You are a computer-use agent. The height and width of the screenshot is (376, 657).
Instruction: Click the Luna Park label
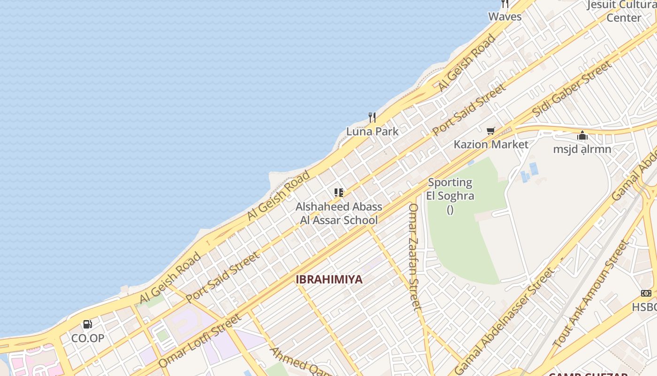coord(372,132)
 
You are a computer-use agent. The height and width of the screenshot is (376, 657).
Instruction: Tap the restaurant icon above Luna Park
coord(372,117)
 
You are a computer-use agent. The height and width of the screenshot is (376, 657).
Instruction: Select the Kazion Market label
coord(491,144)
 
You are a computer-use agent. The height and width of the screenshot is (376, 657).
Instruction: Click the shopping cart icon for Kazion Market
coord(491,131)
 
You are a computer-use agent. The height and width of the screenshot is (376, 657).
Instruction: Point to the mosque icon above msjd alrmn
coord(582,136)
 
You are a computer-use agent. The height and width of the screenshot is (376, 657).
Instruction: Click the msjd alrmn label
coord(582,149)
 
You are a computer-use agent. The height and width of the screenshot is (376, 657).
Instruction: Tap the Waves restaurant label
coord(505,16)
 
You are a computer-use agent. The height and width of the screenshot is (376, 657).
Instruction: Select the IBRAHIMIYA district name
coord(329,280)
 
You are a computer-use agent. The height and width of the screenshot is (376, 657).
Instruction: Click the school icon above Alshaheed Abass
coord(339,192)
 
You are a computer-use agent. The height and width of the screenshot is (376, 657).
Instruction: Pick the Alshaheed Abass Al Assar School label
coord(339,213)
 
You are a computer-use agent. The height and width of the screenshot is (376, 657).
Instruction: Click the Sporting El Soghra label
coord(450,189)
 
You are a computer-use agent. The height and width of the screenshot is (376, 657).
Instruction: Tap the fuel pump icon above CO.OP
coord(88,324)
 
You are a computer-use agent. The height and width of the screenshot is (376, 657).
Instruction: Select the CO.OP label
coord(88,338)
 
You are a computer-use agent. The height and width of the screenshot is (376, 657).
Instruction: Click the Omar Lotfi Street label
coord(200,341)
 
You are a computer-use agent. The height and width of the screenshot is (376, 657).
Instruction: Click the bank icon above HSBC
coord(646,293)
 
